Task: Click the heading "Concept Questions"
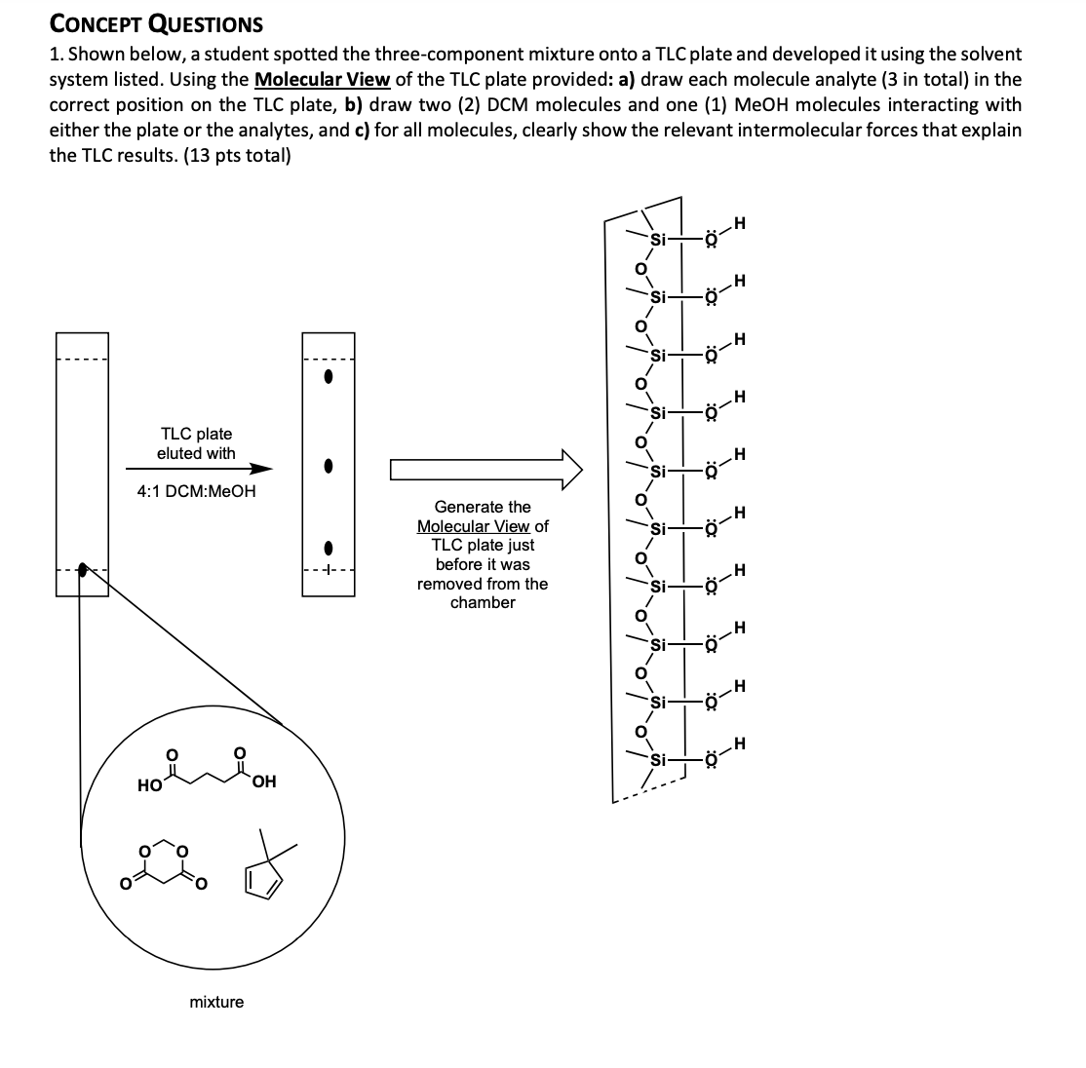tap(156, 23)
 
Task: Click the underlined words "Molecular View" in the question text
tap(321, 80)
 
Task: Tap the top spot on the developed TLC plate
tap(329, 380)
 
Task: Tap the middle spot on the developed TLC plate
tap(329, 467)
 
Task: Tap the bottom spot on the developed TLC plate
tap(329, 548)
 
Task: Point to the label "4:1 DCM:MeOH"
tap(196, 491)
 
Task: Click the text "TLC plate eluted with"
tap(196, 443)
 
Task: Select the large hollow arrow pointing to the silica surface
tap(485, 470)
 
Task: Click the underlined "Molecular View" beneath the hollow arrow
tap(474, 526)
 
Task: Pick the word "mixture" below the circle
tap(216, 1002)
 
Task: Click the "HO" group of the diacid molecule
tap(149, 783)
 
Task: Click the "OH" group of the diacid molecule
tap(263, 782)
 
